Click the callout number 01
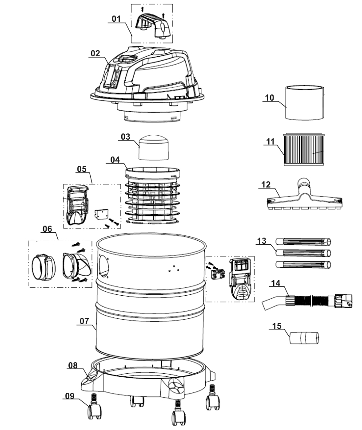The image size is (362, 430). pyautogui.click(x=116, y=19)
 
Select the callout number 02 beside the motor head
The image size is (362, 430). pyautogui.click(x=95, y=53)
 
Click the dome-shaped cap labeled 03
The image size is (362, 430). pyautogui.click(x=154, y=147)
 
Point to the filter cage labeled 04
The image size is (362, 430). pyautogui.click(x=152, y=195)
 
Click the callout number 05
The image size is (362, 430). pyautogui.click(x=82, y=169)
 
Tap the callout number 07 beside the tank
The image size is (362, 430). pyautogui.click(x=84, y=321)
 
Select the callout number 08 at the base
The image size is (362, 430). pyautogui.click(x=73, y=365)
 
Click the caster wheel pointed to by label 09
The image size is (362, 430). pyautogui.click(x=94, y=410)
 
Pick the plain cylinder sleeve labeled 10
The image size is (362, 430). pyautogui.click(x=305, y=102)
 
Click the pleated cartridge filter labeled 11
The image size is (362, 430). pyautogui.click(x=303, y=149)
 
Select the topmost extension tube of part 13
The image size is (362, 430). pyautogui.click(x=303, y=242)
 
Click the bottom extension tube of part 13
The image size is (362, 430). pyautogui.click(x=303, y=265)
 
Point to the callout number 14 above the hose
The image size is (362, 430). pyautogui.click(x=276, y=283)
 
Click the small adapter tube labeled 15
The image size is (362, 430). pyautogui.click(x=304, y=338)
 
